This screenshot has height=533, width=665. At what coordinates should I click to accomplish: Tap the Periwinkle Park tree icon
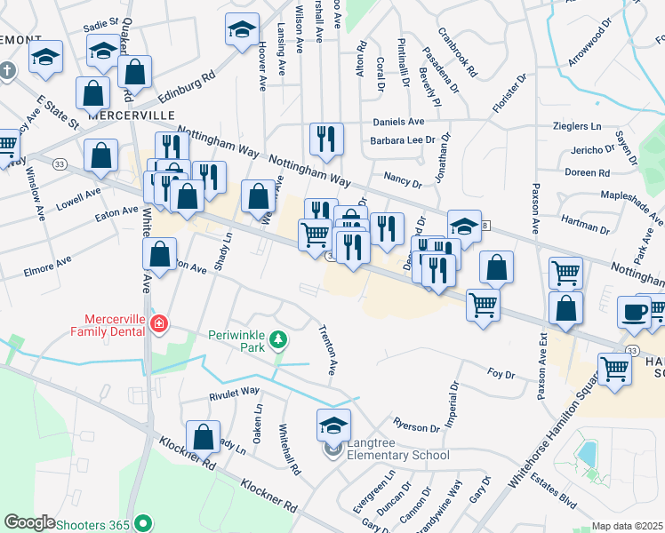pyautogui.click(x=278, y=338)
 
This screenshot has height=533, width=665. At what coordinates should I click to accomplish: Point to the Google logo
pyautogui.click(x=30, y=522)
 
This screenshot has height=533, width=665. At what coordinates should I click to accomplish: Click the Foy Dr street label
pyautogui.click(x=502, y=375)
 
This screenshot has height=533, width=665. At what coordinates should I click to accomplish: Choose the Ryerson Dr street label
pyautogui.click(x=417, y=426)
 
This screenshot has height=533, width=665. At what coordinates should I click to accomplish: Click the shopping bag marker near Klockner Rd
pyautogui.click(x=204, y=437)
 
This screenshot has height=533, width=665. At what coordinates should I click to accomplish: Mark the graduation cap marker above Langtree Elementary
pyautogui.click(x=333, y=425)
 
